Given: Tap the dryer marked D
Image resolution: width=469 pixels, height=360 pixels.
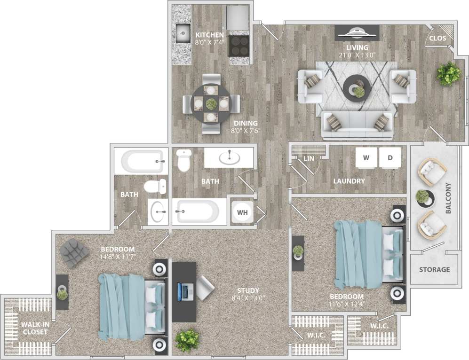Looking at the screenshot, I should pos(390,157).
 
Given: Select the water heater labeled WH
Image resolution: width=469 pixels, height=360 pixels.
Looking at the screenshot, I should pos(242,212).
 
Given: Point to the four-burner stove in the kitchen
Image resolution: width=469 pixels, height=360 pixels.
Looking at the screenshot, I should pos(239,46).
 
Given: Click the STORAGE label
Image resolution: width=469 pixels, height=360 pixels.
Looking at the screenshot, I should pos(434,270).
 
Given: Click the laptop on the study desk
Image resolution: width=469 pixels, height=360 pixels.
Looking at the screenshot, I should pos(185,292).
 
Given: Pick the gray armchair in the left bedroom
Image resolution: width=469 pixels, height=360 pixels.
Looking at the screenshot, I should pos(74,252).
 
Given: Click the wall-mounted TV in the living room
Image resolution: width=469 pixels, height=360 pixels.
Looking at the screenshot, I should pos(357,33).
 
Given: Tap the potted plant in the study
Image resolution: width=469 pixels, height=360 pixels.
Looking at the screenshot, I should pos(187,339).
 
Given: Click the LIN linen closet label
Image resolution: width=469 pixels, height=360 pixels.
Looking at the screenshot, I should pos(309,159).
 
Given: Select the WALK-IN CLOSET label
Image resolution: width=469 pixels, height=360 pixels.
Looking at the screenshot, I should pos(35,328).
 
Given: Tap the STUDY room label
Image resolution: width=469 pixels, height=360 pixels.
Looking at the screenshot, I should pos(248,290).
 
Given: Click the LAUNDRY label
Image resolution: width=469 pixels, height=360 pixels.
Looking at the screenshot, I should pos(349,181).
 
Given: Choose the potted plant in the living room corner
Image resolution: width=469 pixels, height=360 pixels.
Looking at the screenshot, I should pos(448,73).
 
